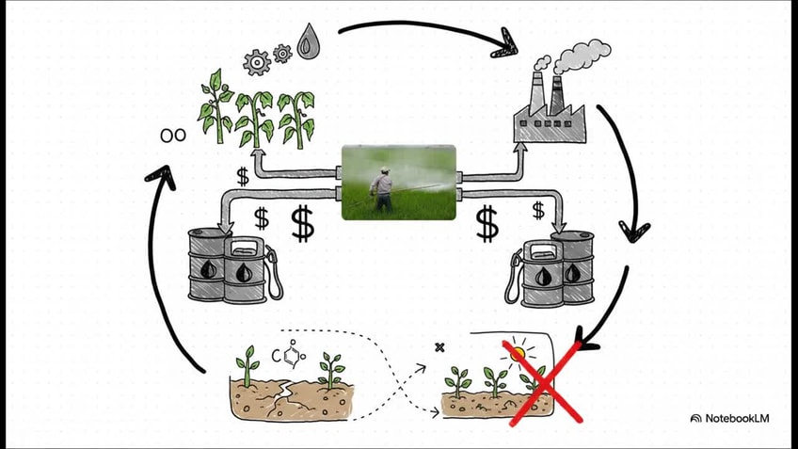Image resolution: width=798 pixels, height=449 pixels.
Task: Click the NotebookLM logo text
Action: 737,419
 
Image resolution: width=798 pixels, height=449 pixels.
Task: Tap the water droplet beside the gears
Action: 307,41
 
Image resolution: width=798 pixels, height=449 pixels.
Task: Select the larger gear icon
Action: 257,63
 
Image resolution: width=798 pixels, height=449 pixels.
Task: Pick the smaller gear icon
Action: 282,53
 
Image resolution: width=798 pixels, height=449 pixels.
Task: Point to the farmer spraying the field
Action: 382,188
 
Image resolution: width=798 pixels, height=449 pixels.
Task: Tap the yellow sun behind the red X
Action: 519,353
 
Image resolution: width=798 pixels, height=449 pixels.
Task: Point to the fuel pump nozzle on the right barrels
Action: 513,278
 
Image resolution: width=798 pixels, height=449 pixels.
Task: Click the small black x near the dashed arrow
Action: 439,347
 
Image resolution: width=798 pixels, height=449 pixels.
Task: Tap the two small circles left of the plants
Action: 173,136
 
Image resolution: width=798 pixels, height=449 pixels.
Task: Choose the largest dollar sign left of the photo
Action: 302,223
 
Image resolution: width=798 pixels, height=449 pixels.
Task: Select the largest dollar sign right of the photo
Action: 487,224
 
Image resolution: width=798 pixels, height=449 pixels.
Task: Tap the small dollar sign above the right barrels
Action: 538,210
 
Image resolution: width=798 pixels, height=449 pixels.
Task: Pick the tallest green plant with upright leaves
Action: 215,107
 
